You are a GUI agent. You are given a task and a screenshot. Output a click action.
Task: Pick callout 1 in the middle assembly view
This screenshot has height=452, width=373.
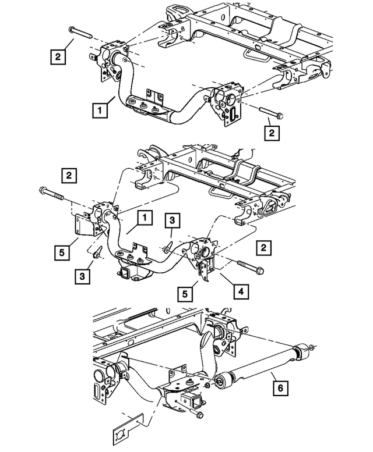pos(144,218)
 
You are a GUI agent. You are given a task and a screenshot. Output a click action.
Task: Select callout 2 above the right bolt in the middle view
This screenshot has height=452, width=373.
pos(264,248)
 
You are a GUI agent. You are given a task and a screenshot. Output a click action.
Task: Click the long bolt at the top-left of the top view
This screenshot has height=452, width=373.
pos(82,32)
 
